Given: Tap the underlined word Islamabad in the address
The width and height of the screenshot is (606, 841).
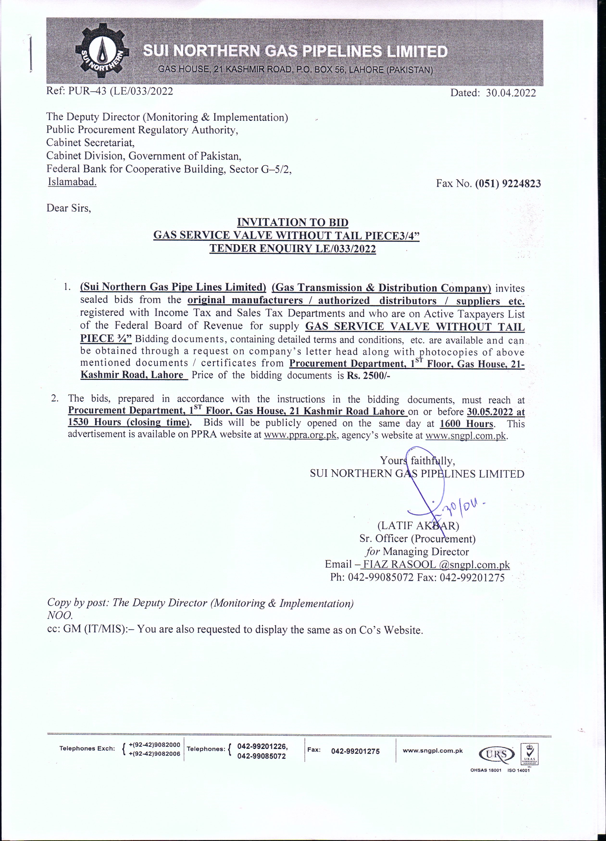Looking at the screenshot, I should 72,182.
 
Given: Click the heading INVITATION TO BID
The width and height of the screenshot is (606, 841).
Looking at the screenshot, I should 293,223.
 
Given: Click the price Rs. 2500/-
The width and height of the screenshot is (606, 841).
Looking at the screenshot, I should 369,375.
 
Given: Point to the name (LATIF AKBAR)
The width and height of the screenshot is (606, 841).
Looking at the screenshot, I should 418,526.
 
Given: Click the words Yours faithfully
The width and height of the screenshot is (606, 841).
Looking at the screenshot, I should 417,461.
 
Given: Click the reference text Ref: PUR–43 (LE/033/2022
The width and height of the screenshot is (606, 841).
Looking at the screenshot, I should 110,91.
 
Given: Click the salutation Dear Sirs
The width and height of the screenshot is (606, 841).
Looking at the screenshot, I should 69,208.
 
